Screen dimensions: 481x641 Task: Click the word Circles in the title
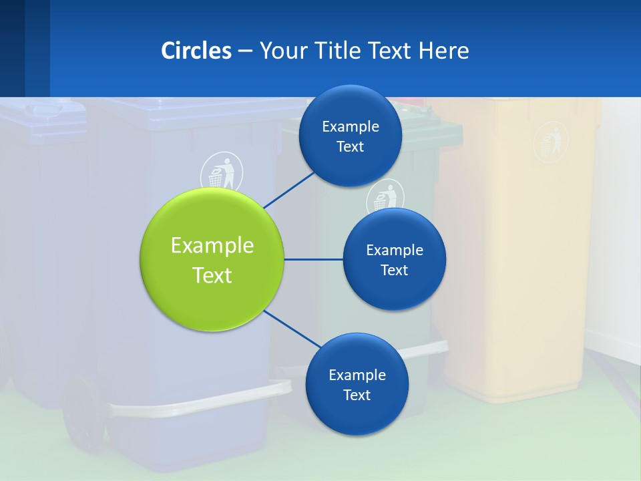point(196,50)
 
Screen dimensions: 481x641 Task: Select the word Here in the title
point(443,50)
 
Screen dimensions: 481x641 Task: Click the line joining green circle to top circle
point(289,189)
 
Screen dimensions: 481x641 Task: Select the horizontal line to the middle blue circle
point(314,259)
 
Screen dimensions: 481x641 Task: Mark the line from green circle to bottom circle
point(292,329)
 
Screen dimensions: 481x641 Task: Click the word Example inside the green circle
point(212,245)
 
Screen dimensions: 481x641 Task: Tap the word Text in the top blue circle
point(350,147)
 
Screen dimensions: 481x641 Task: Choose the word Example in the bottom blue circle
point(357,375)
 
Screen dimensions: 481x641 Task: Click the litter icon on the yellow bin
point(551,141)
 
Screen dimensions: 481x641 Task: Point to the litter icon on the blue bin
point(222,172)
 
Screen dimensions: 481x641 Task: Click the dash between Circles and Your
point(245,51)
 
